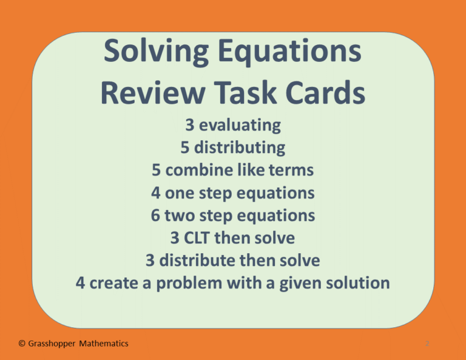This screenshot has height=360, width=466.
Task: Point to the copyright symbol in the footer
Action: click(x=21, y=344)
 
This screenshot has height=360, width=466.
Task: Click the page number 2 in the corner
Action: click(x=428, y=344)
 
